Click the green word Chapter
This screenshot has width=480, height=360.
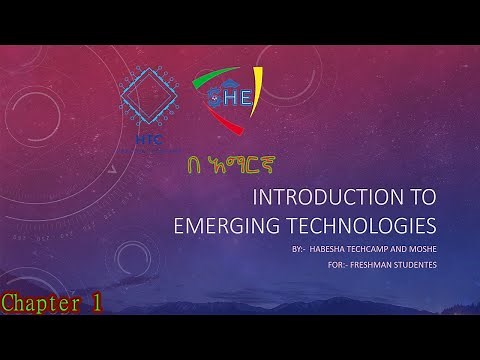(38, 303)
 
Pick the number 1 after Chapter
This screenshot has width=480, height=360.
(95, 303)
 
